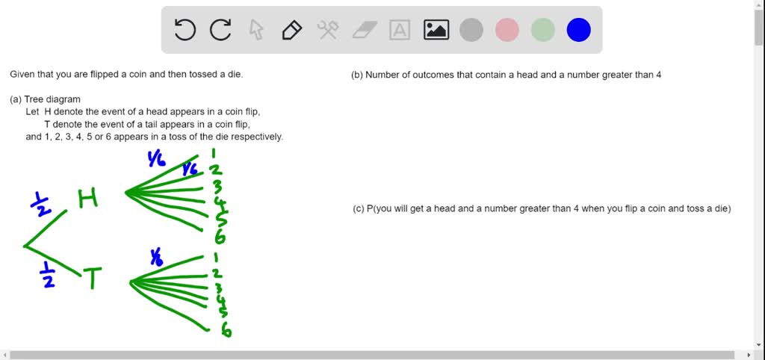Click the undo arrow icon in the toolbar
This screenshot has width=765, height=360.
(185, 30)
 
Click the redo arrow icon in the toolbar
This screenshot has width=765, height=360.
(220, 30)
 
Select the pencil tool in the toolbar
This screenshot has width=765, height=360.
(291, 30)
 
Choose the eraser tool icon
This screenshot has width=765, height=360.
(364, 30)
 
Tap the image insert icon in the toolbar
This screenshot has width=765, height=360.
(436, 30)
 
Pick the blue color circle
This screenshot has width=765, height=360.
(578, 30)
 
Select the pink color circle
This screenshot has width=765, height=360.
(507, 30)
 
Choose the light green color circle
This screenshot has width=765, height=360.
(542, 30)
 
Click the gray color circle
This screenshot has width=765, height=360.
(471, 30)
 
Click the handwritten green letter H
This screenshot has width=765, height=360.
(88, 199)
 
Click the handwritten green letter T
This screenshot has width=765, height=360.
(93, 279)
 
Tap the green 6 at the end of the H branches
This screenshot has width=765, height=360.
(220, 238)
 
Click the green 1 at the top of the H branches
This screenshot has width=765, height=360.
(214, 155)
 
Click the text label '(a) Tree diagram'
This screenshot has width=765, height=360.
(45, 99)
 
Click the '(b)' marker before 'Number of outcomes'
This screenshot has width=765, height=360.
(357, 75)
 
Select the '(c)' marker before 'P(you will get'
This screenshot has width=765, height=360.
(359, 209)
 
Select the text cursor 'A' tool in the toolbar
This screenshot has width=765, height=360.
(400, 30)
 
